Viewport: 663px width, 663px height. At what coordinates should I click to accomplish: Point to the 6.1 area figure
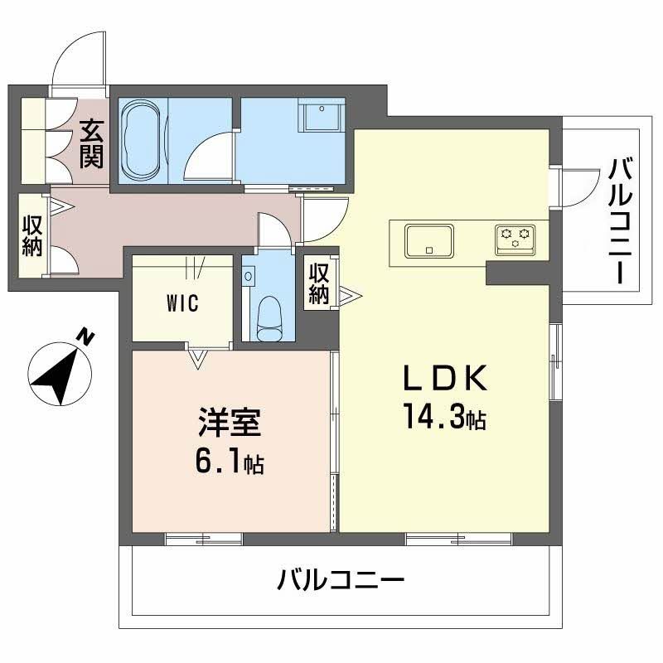click(220, 462)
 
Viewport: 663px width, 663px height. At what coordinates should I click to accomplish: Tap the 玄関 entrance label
click(90, 143)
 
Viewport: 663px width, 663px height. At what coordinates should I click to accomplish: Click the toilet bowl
click(270, 318)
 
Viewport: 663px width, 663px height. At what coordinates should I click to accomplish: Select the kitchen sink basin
click(428, 241)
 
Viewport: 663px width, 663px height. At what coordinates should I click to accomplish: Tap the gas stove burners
click(514, 240)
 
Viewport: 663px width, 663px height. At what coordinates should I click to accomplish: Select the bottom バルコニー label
click(341, 578)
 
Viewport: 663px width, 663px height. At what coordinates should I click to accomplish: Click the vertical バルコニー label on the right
click(621, 220)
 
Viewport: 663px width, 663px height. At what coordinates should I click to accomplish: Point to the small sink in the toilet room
click(249, 276)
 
